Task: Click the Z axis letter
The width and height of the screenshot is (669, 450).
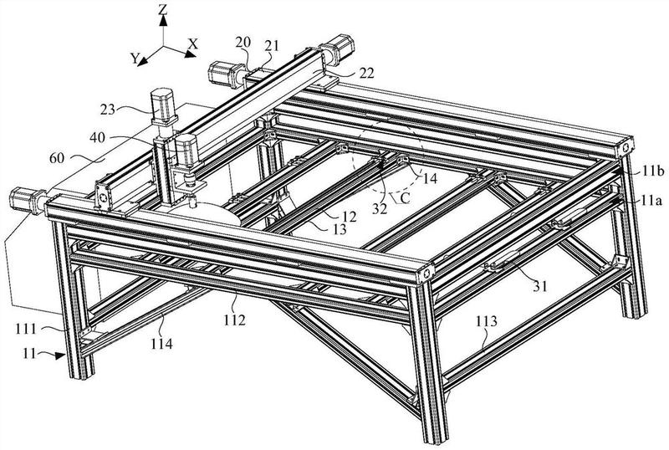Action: pyautogui.click(x=165, y=10)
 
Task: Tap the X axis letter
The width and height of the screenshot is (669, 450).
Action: pyautogui.click(x=193, y=42)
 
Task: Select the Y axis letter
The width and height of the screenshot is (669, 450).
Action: pyautogui.click(x=133, y=58)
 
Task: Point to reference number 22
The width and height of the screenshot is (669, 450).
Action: pyautogui.click(x=345, y=73)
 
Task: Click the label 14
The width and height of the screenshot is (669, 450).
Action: pyautogui.click(x=431, y=177)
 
